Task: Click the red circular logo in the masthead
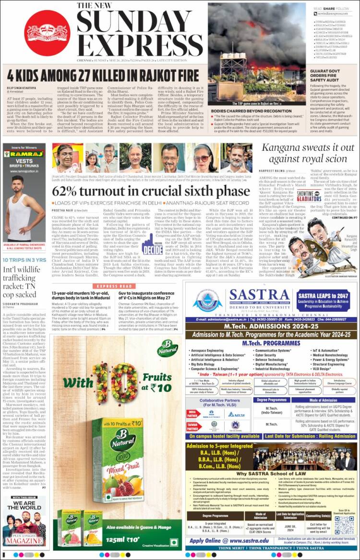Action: click(x=47, y=30)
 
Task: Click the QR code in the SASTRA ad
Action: click(x=344, y=525)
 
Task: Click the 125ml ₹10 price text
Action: click(x=126, y=540)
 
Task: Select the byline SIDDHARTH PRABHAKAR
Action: click(x=21, y=302)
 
